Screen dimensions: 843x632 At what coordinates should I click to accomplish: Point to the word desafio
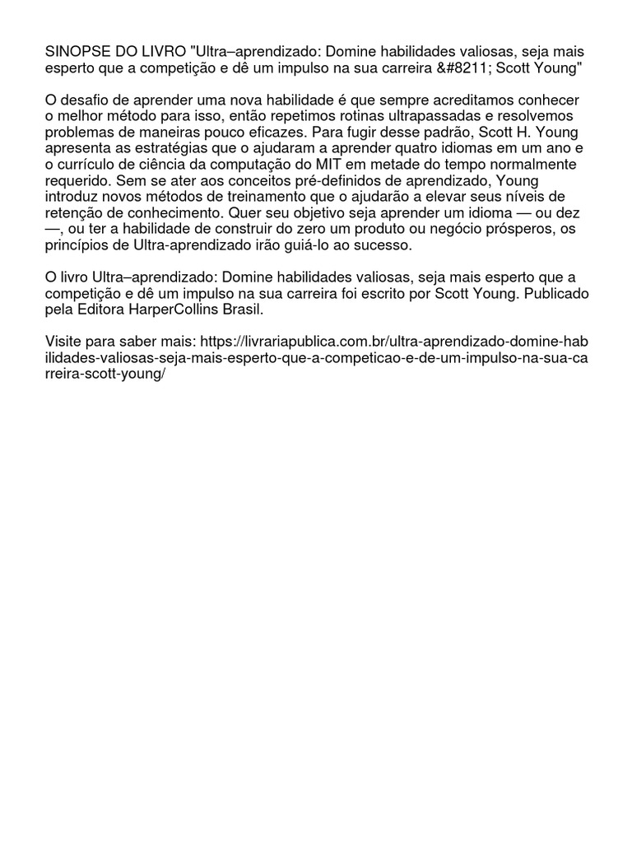[x=90, y=100]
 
